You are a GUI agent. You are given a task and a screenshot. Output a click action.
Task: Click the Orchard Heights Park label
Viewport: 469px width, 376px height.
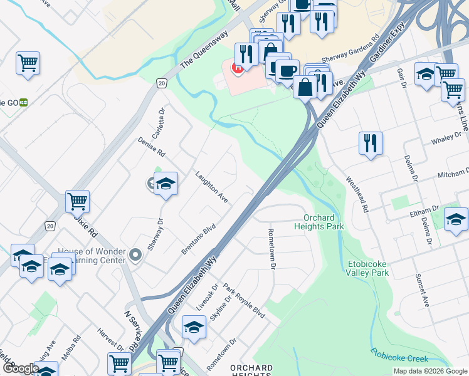click(x=319, y=222)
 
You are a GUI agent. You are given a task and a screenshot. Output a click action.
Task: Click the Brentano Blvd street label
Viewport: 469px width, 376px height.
click(x=199, y=239)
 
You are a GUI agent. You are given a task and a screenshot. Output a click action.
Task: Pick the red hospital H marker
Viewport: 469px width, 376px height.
click(x=238, y=68)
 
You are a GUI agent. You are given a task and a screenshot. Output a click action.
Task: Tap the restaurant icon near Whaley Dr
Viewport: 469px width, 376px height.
click(x=371, y=144)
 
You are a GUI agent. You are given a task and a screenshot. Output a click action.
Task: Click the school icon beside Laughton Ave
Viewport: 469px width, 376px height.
click(x=166, y=184)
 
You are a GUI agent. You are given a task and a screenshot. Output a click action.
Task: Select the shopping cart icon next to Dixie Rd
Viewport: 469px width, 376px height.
click(x=77, y=201)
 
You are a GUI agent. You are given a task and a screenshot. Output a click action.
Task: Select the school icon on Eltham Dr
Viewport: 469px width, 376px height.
click(x=456, y=219)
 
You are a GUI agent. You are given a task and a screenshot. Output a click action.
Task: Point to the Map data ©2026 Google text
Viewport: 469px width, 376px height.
click(x=430, y=371)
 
